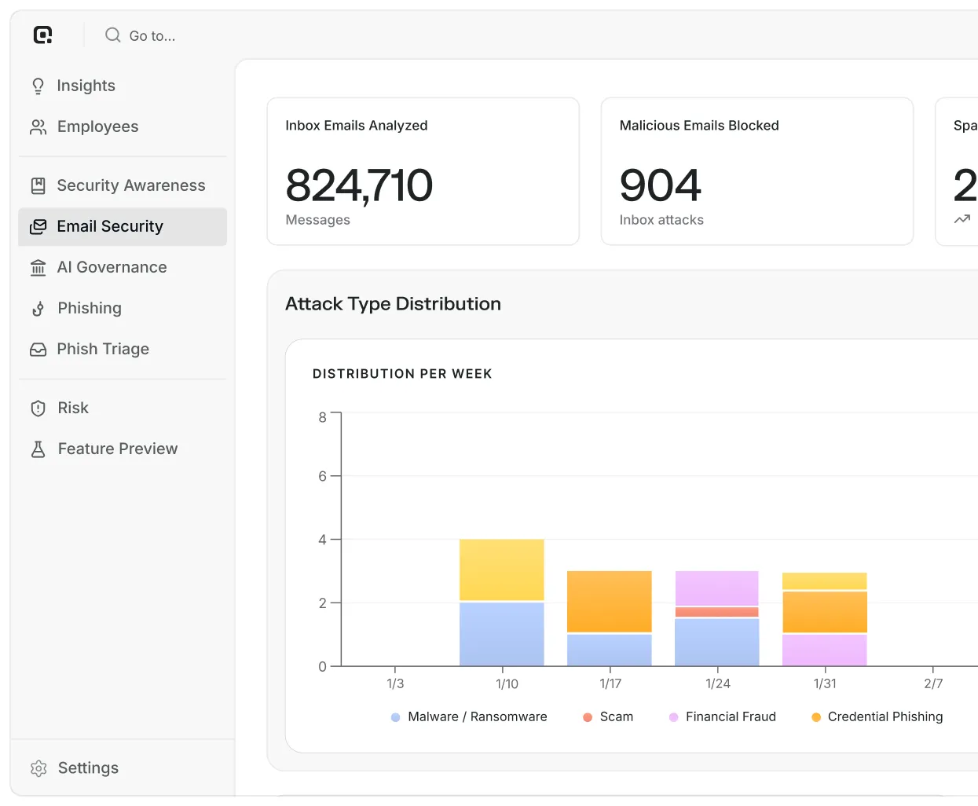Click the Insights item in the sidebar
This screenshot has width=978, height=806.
click(72, 86)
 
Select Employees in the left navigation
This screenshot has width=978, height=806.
click(84, 126)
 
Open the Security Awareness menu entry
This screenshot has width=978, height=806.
click(118, 185)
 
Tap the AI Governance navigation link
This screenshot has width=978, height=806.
click(98, 267)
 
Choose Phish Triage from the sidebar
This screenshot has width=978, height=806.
click(90, 349)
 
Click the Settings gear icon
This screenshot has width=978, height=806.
click(38, 768)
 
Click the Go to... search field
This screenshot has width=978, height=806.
click(141, 35)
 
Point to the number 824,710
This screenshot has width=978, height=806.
click(359, 185)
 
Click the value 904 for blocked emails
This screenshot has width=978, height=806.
click(660, 185)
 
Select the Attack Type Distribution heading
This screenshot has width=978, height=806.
click(393, 304)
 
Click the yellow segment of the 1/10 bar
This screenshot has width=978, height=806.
click(502, 570)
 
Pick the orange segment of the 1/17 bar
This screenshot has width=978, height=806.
click(610, 602)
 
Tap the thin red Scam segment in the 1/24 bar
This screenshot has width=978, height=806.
click(716, 612)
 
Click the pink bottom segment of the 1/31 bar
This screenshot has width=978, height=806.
click(824, 650)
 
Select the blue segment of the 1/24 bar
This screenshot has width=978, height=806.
click(716, 642)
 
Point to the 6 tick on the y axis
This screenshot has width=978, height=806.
click(322, 476)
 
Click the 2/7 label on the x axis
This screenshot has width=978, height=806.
click(933, 683)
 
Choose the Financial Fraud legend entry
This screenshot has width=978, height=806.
click(723, 717)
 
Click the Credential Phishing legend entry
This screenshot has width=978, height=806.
click(877, 717)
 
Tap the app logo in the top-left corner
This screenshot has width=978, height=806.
click(42, 35)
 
